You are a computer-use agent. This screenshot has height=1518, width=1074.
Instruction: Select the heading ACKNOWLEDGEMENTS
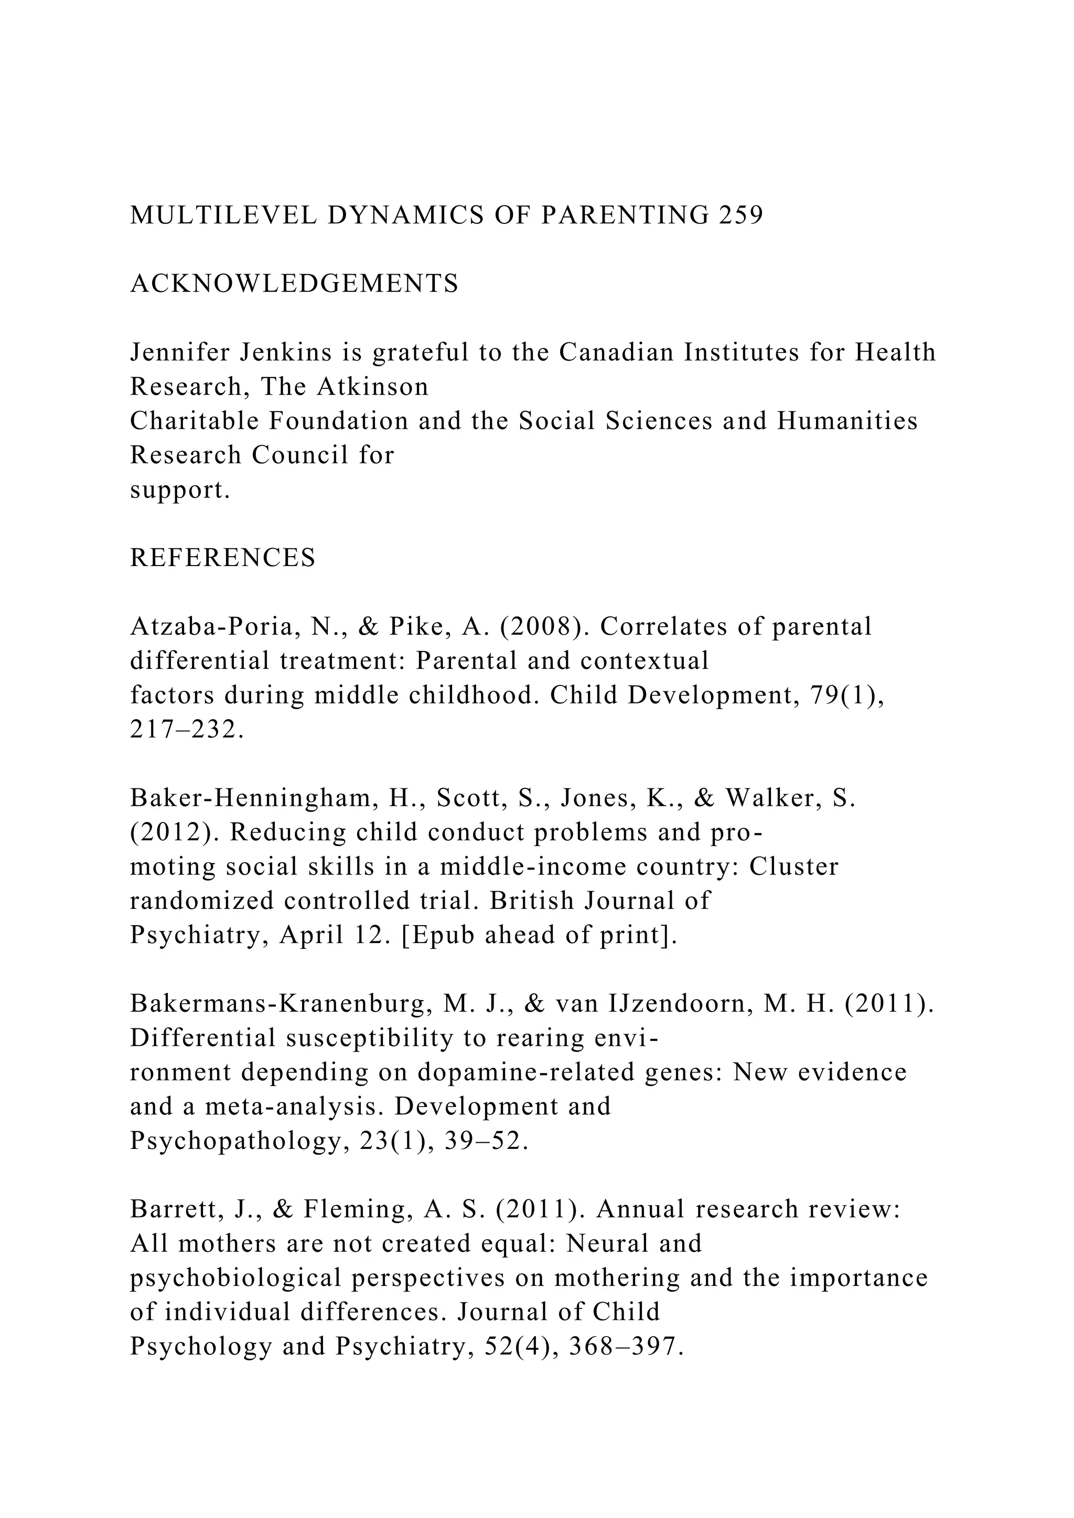pyautogui.click(x=294, y=284)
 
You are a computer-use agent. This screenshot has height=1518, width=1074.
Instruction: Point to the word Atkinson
pyautogui.click(x=373, y=387)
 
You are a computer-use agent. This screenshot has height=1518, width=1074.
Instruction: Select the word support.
pyautogui.click(x=180, y=490)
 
